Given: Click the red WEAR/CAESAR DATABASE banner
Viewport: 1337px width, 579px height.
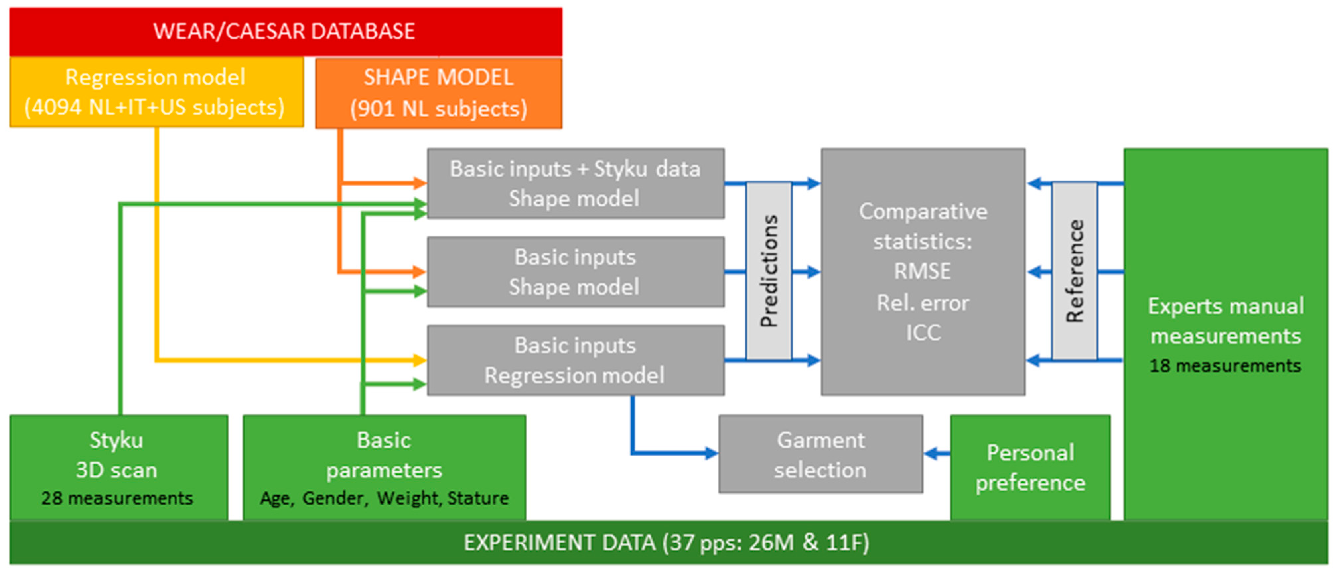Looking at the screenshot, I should coord(285,31).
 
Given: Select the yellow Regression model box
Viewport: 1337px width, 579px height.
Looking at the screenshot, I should coord(156,93).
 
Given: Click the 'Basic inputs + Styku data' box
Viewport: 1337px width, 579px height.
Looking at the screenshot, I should coord(575,183).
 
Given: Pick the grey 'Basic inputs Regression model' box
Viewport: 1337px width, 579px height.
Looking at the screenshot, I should coord(575,360).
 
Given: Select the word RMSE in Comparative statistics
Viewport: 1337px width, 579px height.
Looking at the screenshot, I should coord(922,271).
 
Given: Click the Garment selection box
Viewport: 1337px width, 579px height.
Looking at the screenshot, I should coord(820,454).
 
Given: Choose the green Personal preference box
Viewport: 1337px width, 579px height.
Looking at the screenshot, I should coord(1030,468).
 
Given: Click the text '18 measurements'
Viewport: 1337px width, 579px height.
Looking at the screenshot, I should coord(1225,366).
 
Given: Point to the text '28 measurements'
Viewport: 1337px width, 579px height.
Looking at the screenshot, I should coord(117,498).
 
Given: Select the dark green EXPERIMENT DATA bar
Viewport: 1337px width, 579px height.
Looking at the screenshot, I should coord(667,543).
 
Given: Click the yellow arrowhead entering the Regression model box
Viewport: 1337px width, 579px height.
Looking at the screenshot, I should coord(419,360).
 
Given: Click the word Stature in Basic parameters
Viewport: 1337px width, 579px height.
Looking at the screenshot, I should coord(478,498).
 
